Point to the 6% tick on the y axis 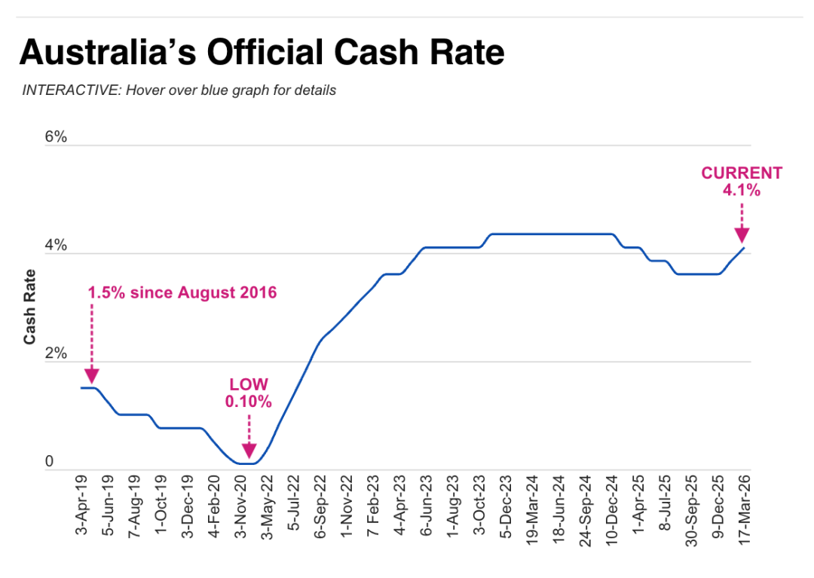tap(56, 137)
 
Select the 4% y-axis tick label tap(56, 246)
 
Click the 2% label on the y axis tap(56, 354)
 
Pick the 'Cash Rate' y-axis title tap(30, 307)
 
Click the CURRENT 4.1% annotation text tap(742, 182)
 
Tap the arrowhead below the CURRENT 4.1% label tap(742, 234)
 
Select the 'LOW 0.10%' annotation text tap(248, 393)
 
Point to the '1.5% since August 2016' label tap(182, 292)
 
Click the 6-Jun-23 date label tap(426, 504)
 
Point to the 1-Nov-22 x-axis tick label tap(347, 504)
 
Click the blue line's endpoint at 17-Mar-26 tap(744, 247)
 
